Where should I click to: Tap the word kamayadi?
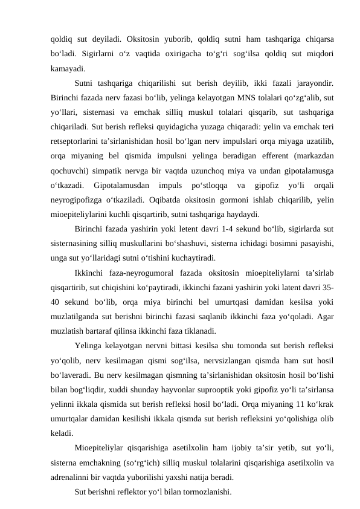pos(68,67)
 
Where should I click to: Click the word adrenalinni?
pos(72,461)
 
